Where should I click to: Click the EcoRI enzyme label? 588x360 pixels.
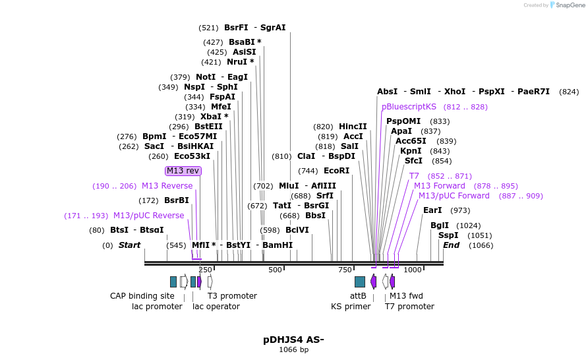tap(336, 171)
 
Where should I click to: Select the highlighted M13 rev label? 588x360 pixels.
tap(183, 171)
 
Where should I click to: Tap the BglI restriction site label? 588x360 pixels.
tap(439, 225)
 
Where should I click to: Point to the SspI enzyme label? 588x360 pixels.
tap(448, 235)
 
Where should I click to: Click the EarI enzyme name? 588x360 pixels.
tap(432, 210)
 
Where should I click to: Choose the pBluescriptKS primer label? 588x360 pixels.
tap(409, 107)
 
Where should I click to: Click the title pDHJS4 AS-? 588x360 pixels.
tap(293, 340)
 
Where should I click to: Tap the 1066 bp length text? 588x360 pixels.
tap(293, 349)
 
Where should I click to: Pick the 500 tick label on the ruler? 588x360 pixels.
tap(275, 270)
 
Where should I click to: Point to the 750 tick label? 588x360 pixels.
tap(345, 270)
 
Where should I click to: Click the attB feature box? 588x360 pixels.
tap(360, 282)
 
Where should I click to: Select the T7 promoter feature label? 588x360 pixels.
tap(409, 307)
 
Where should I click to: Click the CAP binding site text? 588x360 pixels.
tap(142, 296)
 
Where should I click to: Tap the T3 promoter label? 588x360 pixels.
tap(232, 296)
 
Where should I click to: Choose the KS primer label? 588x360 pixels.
tap(351, 307)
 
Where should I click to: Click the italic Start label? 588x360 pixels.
tap(129, 245)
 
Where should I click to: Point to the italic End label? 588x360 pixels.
tap(451, 245)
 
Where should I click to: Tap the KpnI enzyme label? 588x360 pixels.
tap(411, 151)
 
